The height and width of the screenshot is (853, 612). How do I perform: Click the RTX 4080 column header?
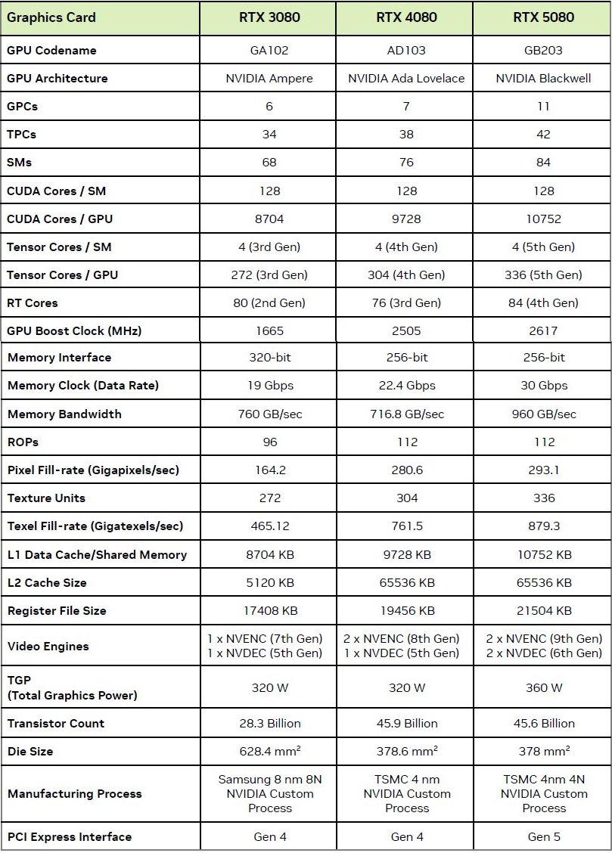[x=406, y=17]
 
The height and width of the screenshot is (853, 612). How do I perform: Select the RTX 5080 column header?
[x=543, y=17]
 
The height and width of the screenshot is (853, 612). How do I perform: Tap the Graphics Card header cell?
[x=51, y=17]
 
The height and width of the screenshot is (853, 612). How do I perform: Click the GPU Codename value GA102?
[x=269, y=51]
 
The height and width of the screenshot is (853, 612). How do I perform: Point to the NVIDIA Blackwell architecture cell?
[x=543, y=79]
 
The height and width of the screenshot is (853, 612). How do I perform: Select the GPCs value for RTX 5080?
[x=543, y=107]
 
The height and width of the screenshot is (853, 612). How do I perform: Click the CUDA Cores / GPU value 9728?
[x=406, y=219]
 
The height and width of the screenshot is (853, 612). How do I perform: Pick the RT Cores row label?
[x=33, y=303]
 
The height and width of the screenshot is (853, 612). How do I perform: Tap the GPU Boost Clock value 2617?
[x=543, y=330]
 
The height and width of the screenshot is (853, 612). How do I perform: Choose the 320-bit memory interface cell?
[x=269, y=358]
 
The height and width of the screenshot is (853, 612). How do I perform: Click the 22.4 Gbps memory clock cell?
[x=406, y=386]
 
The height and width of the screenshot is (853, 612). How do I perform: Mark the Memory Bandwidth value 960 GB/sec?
[x=543, y=414]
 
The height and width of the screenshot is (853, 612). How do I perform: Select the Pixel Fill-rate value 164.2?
[x=269, y=470]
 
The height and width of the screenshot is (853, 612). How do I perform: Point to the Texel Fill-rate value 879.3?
[x=543, y=526]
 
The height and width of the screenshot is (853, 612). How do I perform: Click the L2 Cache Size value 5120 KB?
[x=269, y=583]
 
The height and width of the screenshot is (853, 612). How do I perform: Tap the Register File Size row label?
[x=57, y=611]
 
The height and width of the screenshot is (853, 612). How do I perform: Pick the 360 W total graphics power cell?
[x=543, y=688]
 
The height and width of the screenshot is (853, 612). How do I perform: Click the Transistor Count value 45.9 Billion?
[x=406, y=724]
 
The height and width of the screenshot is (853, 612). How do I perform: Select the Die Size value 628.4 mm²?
[x=269, y=752]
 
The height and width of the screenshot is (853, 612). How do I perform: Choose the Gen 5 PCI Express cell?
[x=543, y=837]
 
